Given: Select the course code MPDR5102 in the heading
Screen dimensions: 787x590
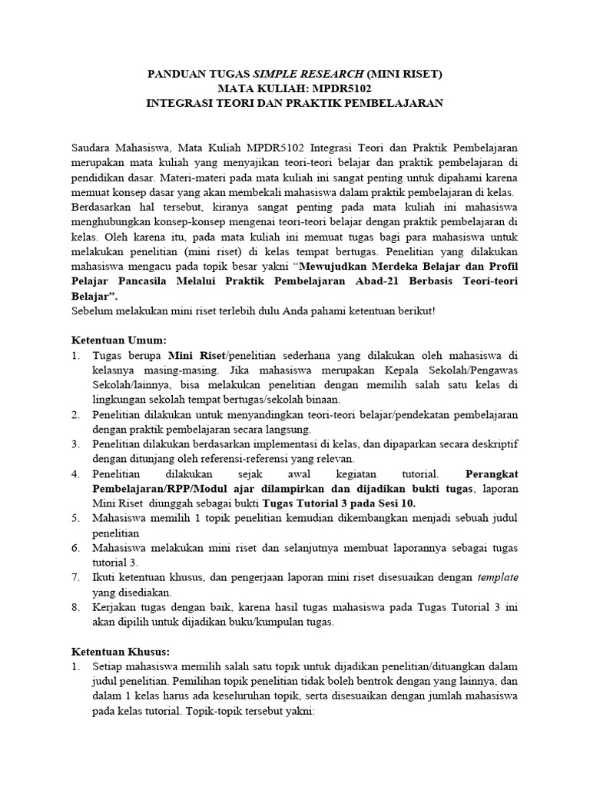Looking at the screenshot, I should point(330,88).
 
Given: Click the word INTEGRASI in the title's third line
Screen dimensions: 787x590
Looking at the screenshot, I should point(181,102).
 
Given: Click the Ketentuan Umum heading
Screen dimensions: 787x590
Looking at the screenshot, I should point(118,340).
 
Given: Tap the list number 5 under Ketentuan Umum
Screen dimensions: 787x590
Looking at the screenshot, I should point(76,519).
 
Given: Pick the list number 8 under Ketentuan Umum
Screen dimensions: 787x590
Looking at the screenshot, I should point(76,606).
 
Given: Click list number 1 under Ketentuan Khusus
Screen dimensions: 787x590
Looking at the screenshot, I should point(76,666).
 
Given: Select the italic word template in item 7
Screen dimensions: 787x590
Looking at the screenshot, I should point(497,577).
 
